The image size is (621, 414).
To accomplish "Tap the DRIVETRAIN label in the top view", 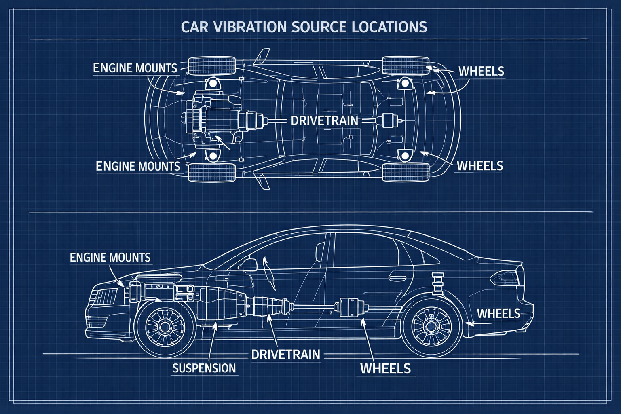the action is click(x=324, y=120).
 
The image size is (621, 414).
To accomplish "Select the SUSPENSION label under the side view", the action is click(x=204, y=368).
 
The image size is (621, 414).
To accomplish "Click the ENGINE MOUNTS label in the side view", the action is click(x=110, y=258).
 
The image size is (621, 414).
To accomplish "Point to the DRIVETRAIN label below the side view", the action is click(x=285, y=355).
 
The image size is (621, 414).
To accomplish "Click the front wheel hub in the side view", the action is click(x=165, y=327).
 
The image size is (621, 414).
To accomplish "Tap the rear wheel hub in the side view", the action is click(x=431, y=327).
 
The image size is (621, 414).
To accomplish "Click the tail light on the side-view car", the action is click(x=504, y=278).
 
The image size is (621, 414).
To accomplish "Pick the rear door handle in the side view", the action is click(x=397, y=277).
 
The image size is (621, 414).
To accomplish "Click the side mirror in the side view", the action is click(x=247, y=264).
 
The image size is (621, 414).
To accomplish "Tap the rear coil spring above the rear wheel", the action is click(x=438, y=283).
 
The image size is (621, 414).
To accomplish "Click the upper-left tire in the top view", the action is click(x=212, y=65).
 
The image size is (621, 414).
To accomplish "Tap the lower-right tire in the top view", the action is click(x=406, y=172).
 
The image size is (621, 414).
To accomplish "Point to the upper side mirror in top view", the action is click(x=262, y=56).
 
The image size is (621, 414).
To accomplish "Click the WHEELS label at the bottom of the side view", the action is click(x=385, y=369).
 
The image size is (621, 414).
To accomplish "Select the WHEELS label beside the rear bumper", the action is click(x=498, y=314).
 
